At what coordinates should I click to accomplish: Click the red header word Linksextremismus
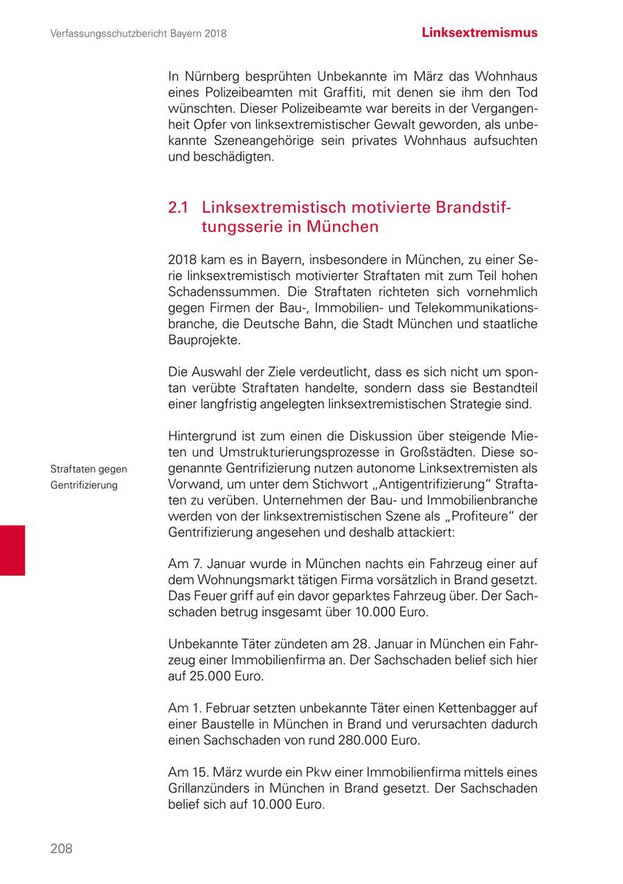pyautogui.click(x=479, y=33)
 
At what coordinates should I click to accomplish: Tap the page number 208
pyautogui.click(x=61, y=849)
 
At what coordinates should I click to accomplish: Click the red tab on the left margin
pyautogui.click(x=12, y=550)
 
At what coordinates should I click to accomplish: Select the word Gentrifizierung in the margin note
pyautogui.click(x=84, y=485)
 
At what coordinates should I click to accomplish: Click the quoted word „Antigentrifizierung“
pyautogui.click(x=415, y=484)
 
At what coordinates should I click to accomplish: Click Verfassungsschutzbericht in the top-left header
pyautogui.click(x=109, y=33)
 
